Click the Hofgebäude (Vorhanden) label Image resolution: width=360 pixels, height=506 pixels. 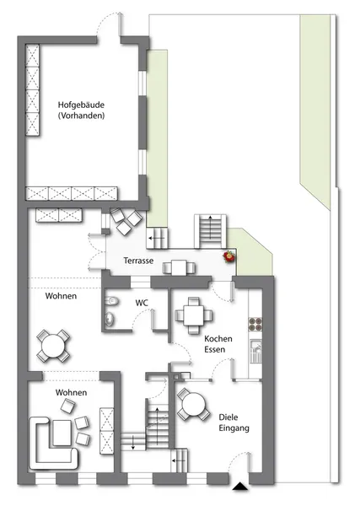pos(81,110)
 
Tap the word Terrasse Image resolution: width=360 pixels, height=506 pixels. pos(138,261)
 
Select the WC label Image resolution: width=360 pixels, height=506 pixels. pos(142,303)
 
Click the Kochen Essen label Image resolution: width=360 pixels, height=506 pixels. pos(218,344)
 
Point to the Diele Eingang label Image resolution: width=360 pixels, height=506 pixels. pos(234,423)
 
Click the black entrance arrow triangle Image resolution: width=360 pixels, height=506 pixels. pos(239,487)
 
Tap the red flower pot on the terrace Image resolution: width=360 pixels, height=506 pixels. pos(229,256)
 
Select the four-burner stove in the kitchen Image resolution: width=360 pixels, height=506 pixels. pos(255,325)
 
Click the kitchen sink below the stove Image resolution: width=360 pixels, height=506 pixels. pos(256,351)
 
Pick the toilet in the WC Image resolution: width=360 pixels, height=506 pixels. pos(111,301)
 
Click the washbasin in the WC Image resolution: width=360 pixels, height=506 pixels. pos(110,318)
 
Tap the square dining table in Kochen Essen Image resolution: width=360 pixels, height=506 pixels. pos(194,315)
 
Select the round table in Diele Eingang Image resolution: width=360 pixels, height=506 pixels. pos(194,404)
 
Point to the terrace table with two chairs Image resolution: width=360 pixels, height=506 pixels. pos(179,268)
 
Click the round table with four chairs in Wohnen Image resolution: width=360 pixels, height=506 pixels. pos(53,346)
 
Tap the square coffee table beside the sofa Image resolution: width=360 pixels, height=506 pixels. pos(62,433)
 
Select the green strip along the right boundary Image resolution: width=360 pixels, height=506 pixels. pos(315,110)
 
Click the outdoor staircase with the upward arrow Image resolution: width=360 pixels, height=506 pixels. pos(210,231)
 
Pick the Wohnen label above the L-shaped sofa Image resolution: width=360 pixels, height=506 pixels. pos(72,392)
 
